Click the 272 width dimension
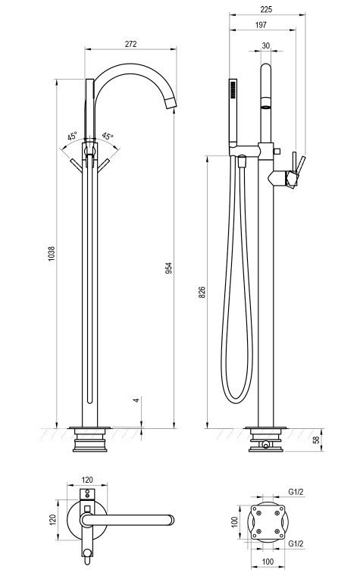pos(130,44)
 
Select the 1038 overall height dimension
pos(51,253)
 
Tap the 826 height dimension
pos(202,292)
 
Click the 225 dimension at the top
pos(266,9)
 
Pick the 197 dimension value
pos(261,24)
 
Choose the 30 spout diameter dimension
pos(265,45)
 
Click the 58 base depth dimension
pos(316,440)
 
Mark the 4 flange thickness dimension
pos(136,399)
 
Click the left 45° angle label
pos(72,136)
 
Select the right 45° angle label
pos(108,136)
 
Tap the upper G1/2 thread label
pos(296,492)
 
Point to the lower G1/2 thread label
pos(296,543)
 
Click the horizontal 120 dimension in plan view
pos(87,480)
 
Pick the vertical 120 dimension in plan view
pos(52,519)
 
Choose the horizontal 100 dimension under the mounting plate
pos(268,562)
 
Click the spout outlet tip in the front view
pos(172,104)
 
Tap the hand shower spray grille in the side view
pos(232,89)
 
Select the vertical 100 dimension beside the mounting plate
pos(235,521)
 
